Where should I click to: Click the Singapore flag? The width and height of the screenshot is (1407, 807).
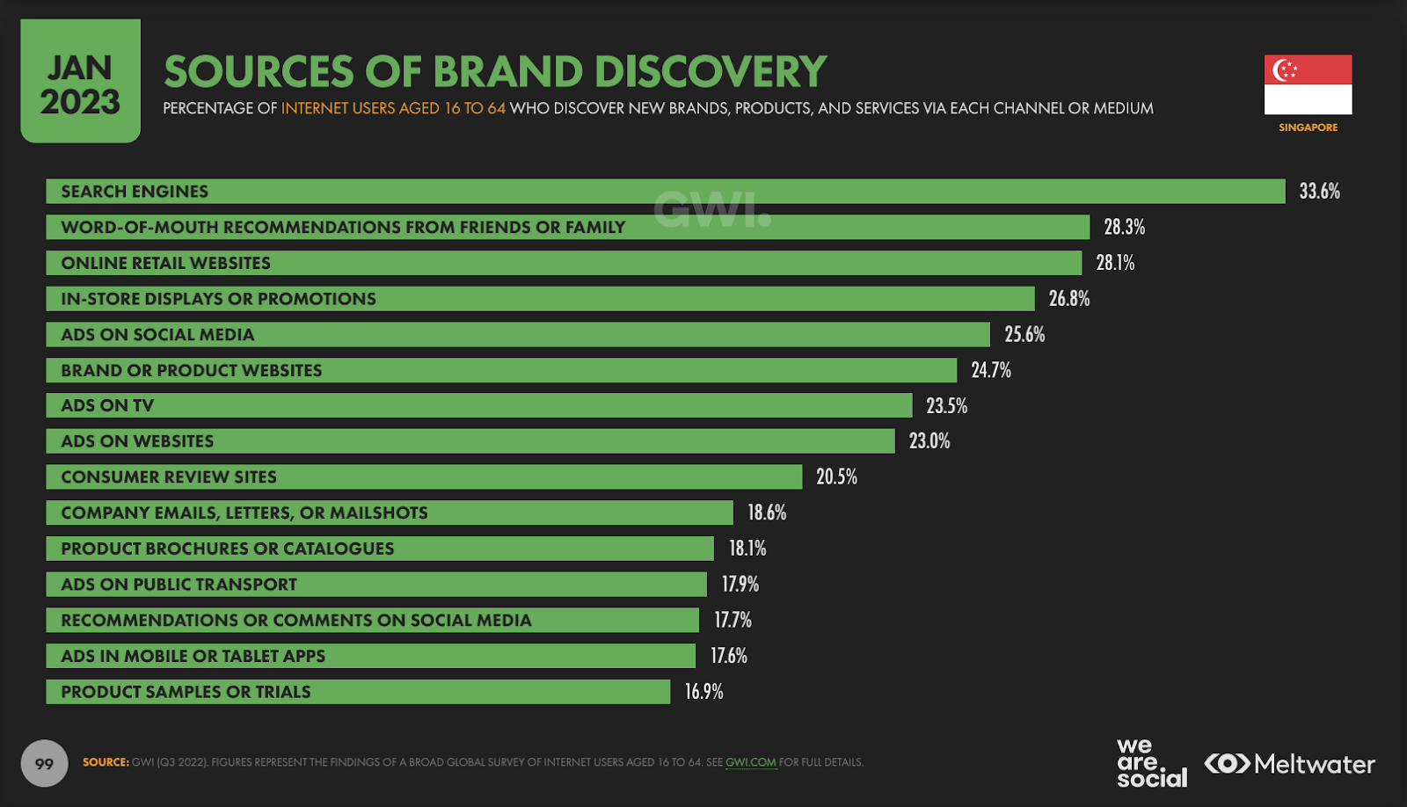1308,84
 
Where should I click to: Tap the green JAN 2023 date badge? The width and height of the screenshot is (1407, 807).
80,82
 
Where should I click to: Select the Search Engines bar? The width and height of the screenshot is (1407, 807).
665,192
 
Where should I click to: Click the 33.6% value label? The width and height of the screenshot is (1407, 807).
1319,192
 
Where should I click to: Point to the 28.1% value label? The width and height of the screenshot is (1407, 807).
1115,263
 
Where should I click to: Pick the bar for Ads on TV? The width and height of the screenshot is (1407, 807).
478,406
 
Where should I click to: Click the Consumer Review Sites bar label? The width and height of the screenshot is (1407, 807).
169,477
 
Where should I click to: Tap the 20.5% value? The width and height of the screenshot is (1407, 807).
836,477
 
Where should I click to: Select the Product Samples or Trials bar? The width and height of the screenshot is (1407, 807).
358,692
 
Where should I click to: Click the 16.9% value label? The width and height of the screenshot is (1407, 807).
703,692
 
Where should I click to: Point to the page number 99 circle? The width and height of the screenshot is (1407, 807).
44,764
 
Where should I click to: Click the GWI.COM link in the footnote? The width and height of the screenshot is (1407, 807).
750,763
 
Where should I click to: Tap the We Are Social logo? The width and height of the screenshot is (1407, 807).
1151,763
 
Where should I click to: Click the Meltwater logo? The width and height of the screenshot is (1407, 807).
1289,764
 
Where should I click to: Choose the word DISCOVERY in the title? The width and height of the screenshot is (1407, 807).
711,72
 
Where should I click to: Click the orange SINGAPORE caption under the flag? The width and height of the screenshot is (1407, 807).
1308,127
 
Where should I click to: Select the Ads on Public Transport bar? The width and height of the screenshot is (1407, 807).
376,585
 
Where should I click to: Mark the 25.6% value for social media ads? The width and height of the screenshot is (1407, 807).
1024,335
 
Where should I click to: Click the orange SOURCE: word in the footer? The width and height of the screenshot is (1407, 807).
106,763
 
